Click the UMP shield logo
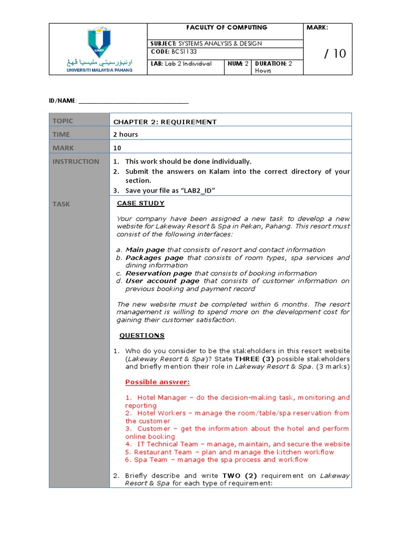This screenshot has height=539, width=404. (98, 42)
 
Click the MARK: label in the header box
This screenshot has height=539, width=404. (317, 27)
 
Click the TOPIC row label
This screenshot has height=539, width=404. (63, 121)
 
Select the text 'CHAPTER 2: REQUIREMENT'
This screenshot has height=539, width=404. (165, 122)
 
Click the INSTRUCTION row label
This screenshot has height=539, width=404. (75, 162)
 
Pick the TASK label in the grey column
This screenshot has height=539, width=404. (61, 204)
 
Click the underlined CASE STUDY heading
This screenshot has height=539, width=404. (140, 203)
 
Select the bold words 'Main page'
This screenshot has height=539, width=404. (145, 250)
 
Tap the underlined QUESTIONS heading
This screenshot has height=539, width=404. (142, 335)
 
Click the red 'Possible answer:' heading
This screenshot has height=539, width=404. (157, 382)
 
